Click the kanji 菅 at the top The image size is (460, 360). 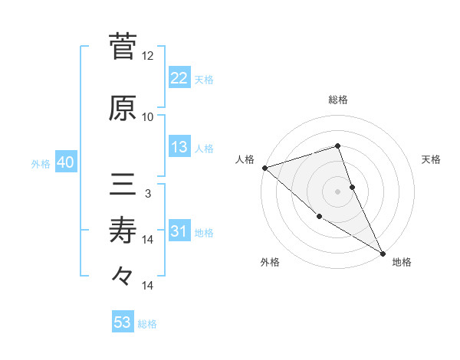(x=123, y=47)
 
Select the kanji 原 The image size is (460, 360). (x=123, y=109)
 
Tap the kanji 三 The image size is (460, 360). (x=123, y=185)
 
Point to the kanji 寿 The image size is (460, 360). (x=123, y=230)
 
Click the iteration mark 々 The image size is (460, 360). (x=123, y=276)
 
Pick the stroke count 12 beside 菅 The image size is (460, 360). (x=148, y=56)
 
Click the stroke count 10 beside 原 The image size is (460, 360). (x=148, y=117)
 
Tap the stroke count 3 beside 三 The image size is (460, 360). (x=148, y=194)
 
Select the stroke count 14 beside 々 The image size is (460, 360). (x=148, y=286)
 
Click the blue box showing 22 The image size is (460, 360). (x=179, y=77)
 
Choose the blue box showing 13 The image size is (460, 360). (x=179, y=147)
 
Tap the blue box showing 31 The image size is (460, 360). (x=179, y=231)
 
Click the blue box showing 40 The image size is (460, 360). (x=64, y=162)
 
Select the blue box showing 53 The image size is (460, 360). (x=123, y=322)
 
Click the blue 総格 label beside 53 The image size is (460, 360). (x=147, y=324)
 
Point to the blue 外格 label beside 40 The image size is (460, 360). (x=41, y=163)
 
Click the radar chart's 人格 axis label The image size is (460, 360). (x=245, y=159)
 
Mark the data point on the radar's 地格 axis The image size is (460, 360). (x=383, y=253)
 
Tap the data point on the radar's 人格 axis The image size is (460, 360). (x=264, y=167)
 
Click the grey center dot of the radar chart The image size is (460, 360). (x=337, y=191)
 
